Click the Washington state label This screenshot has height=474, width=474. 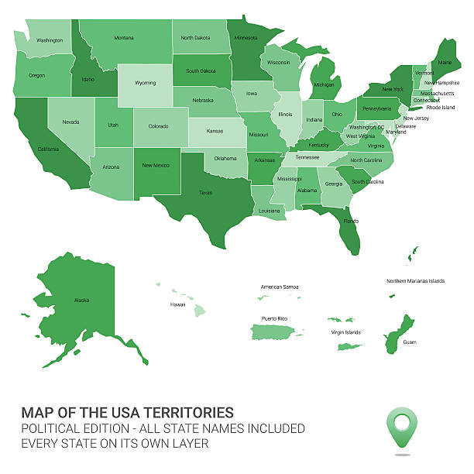(50, 40)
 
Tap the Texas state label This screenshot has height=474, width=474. (205, 193)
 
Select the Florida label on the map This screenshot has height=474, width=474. (351, 221)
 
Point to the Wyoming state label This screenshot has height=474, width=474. (145, 83)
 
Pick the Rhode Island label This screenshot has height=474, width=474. (441, 108)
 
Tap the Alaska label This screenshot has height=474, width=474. (82, 300)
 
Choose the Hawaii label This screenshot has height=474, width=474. (177, 304)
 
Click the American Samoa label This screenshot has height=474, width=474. (280, 287)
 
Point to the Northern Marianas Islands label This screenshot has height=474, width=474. (416, 281)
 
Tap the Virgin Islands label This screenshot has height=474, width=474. (345, 332)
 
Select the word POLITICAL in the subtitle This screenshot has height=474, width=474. (53, 428)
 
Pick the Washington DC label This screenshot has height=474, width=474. (367, 127)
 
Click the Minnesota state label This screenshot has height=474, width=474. (246, 37)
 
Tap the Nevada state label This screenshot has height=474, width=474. (70, 122)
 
